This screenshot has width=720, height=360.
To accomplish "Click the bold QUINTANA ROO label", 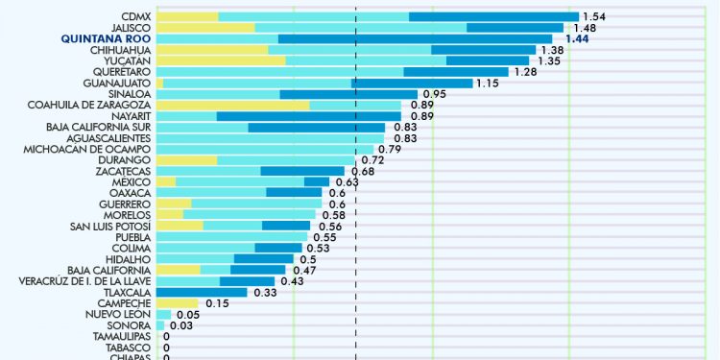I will pyautogui.click(x=106, y=38).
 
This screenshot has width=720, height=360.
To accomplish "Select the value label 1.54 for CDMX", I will pyautogui.click(x=595, y=17).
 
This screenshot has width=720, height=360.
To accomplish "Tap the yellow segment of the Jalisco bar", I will pyautogui.click(x=204, y=28).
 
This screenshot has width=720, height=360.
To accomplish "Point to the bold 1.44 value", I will pyautogui.click(x=576, y=38).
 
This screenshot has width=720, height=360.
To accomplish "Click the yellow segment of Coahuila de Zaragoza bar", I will pyautogui.click(x=232, y=105).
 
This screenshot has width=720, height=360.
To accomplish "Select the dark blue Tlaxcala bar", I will pyautogui.click(x=202, y=293).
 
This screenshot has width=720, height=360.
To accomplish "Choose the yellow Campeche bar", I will pyautogui.click(x=177, y=303).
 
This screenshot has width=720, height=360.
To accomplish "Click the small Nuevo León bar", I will pyautogui.click(x=163, y=315).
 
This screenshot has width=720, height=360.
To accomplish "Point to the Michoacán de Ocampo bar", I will pyautogui.click(x=264, y=149).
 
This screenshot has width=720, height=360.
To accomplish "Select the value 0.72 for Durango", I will pyautogui.click(x=372, y=160).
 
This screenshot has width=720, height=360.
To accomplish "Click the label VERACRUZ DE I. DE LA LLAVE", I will pyautogui.click(x=84, y=281).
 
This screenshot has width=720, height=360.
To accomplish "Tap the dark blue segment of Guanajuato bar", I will pyautogui.click(x=413, y=83).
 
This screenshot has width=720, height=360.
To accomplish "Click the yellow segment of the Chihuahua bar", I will pyautogui.click(x=211, y=50).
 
